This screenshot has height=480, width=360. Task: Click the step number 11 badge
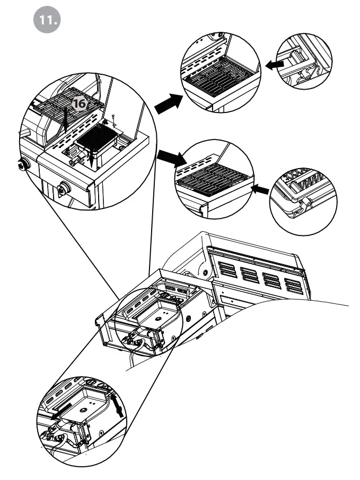[48, 20]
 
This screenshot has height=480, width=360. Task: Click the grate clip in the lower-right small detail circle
[304, 202]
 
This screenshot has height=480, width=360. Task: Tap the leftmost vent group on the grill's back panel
[226, 269]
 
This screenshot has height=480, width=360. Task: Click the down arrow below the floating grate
[64, 120]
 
